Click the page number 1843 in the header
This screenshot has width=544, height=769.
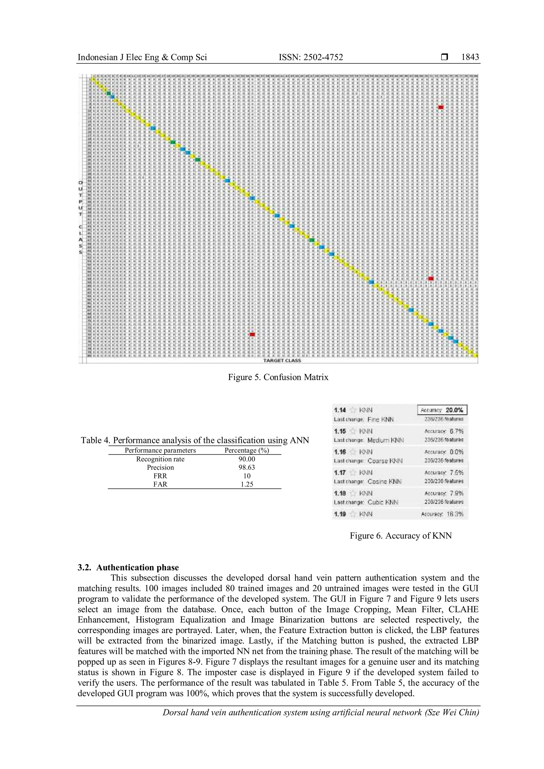point(470,57)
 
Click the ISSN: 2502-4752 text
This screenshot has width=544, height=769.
point(311,57)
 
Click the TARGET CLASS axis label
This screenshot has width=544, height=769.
point(282,360)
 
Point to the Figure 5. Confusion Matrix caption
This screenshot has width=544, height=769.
point(278,377)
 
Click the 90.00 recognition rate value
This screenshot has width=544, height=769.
point(246,459)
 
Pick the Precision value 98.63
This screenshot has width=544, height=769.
point(246,468)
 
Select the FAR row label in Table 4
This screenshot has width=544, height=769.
point(160,484)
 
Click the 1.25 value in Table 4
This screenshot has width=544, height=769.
point(246,484)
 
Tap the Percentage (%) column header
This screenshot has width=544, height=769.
point(246,450)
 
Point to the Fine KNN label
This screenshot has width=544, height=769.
point(381,419)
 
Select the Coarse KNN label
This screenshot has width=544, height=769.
point(385,461)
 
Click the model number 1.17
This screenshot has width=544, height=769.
point(340,473)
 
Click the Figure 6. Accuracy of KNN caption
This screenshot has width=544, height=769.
point(401,536)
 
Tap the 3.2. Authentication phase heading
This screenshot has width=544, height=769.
point(128,567)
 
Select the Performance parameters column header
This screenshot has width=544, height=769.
point(160,450)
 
